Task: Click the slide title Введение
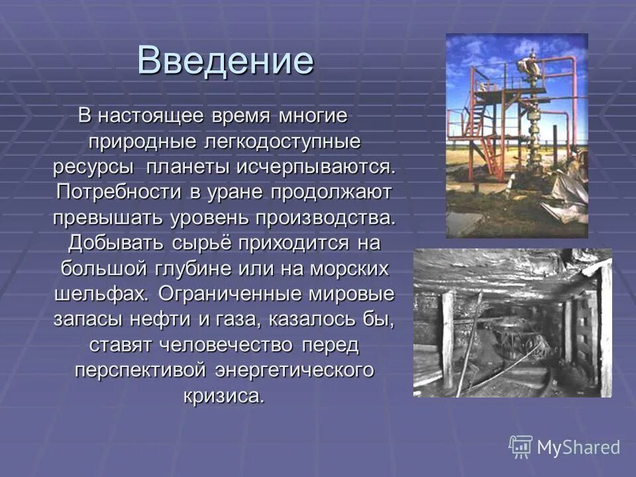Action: coord(225,62)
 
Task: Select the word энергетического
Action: coord(294,370)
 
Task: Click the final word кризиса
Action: coord(224,396)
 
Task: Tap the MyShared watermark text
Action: coord(578,447)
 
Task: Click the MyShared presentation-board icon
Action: coord(521,447)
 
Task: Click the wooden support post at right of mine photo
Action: coord(604,328)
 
